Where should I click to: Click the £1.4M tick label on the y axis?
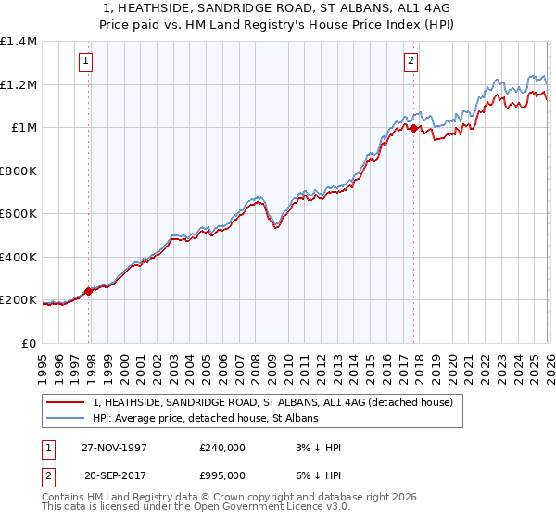pyautogui.click(x=18, y=42)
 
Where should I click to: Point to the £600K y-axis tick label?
pyautogui.click(x=18, y=214)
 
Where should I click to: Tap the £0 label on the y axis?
pyautogui.click(x=28, y=344)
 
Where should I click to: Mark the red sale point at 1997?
pyautogui.click(x=89, y=291)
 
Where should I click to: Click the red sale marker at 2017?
pyautogui.click(x=413, y=129)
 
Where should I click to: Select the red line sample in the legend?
pyautogui.click(x=67, y=403)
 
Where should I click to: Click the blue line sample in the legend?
pyautogui.click(x=67, y=419)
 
